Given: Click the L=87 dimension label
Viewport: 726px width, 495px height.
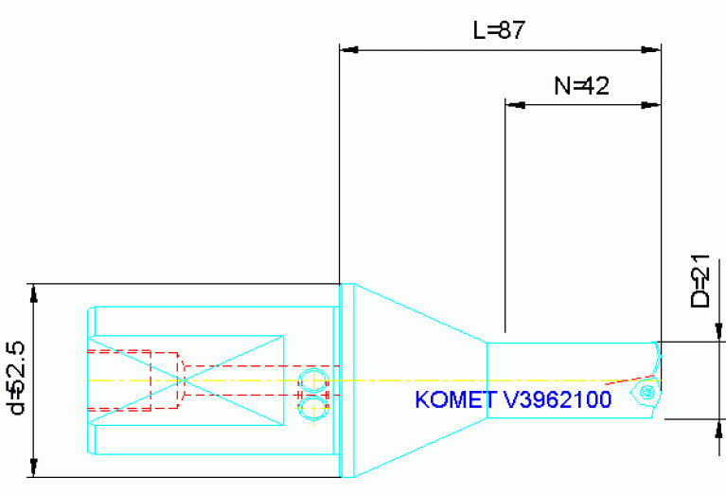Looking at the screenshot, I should pyautogui.click(x=499, y=30).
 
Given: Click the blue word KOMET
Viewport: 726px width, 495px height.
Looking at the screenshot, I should pyautogui.click(x=451, y=400).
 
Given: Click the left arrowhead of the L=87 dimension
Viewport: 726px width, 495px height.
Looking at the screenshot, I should pyautogui.click(x=348, y=47).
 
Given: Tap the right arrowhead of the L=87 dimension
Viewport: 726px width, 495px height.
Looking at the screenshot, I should pyautogui.click(x=652, y=47).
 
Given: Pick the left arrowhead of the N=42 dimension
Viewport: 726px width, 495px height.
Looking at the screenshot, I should pyautogui.click(x=514, y=104).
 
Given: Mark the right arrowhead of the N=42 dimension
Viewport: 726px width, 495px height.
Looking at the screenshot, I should pyautogui.click(x=652, y=104).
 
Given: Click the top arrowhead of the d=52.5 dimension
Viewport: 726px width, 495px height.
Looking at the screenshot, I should pyautogui.click(x=33, y=292).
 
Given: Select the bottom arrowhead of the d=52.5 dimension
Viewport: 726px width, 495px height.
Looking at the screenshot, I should pyautogui.click(x=33, y=468).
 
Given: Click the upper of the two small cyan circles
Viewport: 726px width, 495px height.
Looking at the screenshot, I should pyautogui.click(x=312, y=381).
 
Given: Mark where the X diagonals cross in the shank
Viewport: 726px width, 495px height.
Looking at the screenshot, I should pyautogui.click(x=185, y=380).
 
